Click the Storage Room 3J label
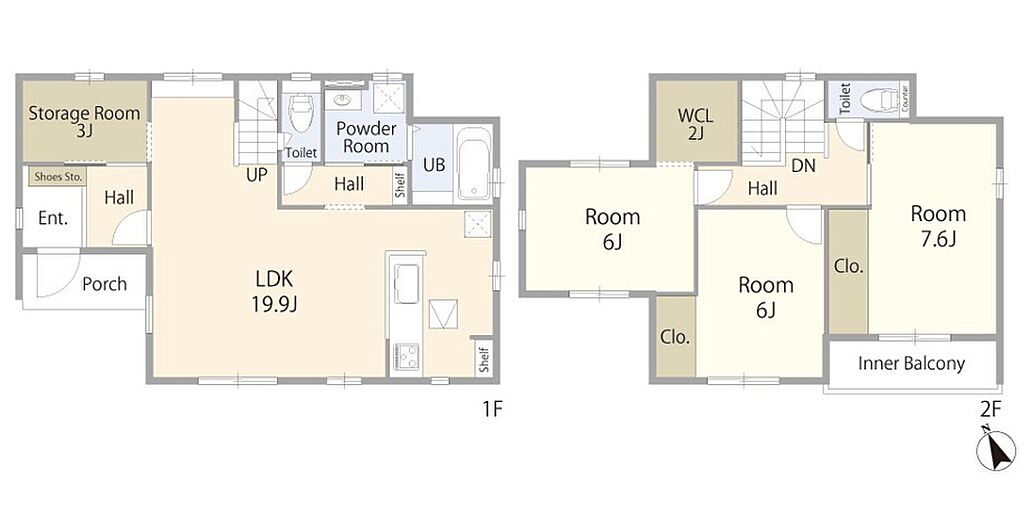pos(84,121)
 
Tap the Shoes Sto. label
pos(57,176)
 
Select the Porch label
pos(104,284)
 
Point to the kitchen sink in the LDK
pos(406,284)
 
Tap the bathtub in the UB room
pos(473,164)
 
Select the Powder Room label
pos(366,136)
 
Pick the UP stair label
pos(257,175)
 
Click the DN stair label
pos(803,166)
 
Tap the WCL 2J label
pos(696,125)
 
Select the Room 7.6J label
pos(938,226)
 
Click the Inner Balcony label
pos(912,364)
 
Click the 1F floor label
pos(492,409)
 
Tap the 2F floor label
pos(991,409)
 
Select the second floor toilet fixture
pos(879,100)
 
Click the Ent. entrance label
pos(53,219)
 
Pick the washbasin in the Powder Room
pos(342,100)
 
